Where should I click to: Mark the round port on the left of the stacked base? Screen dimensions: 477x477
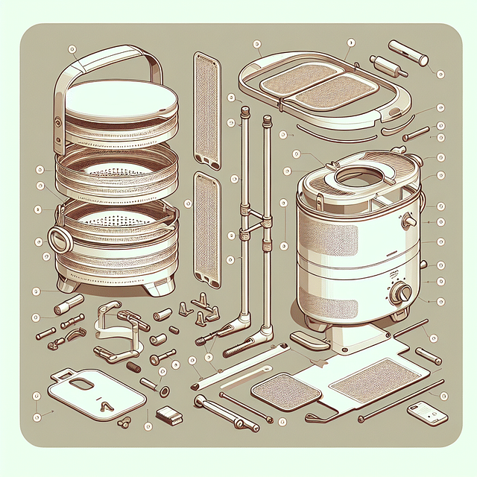(58, 241)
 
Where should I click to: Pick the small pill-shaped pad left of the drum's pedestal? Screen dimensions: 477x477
(307, 341)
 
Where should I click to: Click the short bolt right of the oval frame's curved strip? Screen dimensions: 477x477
(415, 136)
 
